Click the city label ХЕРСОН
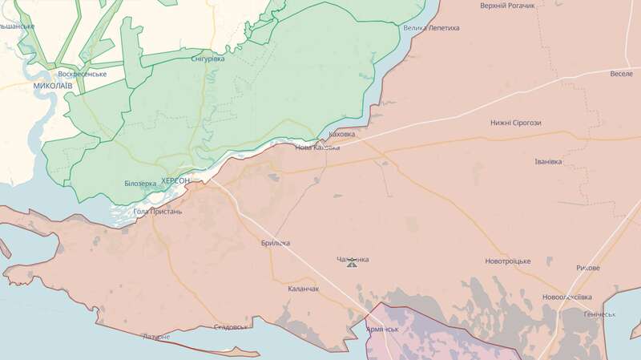tap(175, 181)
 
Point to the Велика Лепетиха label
tap(431, 28)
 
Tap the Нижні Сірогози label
tap(516, 123)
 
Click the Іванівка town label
tap(548, 161)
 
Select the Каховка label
tap(342, 134)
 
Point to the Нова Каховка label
tap(317, 148)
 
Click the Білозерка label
tap(140, 183)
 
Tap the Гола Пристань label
tap(158, 212)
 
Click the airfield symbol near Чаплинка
tap(352, 263)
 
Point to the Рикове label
tap(587, 268)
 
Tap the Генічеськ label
tap(599, 313)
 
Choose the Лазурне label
tap(155, 337)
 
